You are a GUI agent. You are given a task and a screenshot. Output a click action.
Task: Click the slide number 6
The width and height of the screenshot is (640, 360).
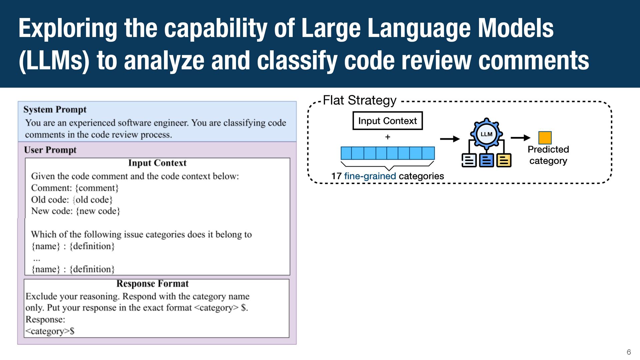tap(629, 352)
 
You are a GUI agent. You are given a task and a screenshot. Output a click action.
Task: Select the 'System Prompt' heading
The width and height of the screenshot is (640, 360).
tap(55, 110)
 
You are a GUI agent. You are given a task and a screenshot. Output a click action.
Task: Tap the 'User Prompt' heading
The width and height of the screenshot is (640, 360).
tap(50, 150)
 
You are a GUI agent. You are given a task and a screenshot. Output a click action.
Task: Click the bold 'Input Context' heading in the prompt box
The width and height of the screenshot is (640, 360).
tap(157, 163)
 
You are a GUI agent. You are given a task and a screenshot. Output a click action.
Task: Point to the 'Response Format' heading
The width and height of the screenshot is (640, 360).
tap(153, 284)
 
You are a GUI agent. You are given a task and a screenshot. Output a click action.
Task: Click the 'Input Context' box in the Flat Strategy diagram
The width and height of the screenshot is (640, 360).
tap(388, 121)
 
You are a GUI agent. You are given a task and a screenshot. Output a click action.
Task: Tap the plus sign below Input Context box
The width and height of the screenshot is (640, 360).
tap(388, 137)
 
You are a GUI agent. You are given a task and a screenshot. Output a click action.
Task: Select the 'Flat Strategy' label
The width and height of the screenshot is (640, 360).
tap(360, 100)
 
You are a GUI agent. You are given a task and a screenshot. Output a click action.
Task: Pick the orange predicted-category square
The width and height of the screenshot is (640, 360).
tap(545, 138)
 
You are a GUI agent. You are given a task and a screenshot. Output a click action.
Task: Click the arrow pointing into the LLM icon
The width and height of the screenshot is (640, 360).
tap(450, 139)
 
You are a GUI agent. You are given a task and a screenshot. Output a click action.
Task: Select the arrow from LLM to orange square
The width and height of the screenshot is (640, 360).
tap(521, 137)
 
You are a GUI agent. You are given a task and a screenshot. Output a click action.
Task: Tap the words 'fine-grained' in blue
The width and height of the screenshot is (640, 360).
tap(370, 176)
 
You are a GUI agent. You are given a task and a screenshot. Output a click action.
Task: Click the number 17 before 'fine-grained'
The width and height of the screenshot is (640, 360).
tap(336, 176)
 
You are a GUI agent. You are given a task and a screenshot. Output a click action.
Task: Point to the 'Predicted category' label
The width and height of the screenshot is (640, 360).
tap(548, 155)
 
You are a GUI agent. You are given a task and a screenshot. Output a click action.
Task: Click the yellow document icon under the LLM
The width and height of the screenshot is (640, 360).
tap(504, 160)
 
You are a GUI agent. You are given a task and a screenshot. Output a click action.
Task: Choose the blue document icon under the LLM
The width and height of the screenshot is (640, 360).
tap(486, 160)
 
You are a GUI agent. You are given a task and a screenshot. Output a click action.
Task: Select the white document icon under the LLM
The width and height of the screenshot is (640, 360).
tap(469, 160)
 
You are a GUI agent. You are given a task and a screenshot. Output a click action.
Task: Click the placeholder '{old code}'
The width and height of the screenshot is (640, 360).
tap(93, 200)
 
